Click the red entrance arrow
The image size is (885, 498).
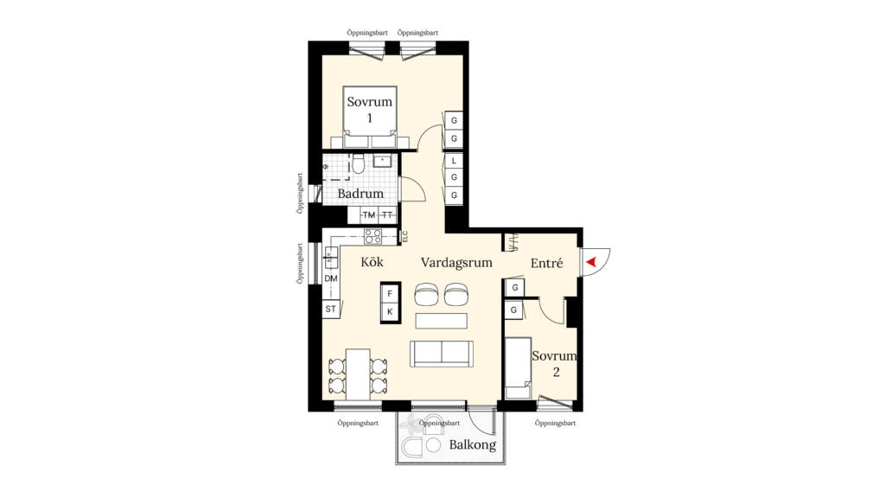click(591, 262)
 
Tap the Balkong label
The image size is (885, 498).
click(473, 445)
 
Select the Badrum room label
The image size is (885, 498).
click(360, 194)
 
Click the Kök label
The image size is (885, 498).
click(372, 262)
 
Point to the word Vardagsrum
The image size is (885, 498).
click(456, 262)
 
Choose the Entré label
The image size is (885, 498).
click(546, 262)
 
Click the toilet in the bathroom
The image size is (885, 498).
click(359, 164)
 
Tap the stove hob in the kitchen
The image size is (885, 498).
click(372, 235)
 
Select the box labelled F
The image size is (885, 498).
click(391, 294)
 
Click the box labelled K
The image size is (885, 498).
click(391, 311)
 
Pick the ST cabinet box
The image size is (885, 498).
click(330, 309)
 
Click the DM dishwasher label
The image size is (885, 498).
click(330, 278)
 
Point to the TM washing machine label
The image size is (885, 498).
click(369, 215)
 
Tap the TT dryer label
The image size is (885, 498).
click(388, 215)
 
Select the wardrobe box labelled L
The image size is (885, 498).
click(454, 161)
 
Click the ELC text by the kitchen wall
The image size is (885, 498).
click(404, 235)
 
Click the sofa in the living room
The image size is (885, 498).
click(441, 352)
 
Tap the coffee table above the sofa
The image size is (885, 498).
click(441, 321)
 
